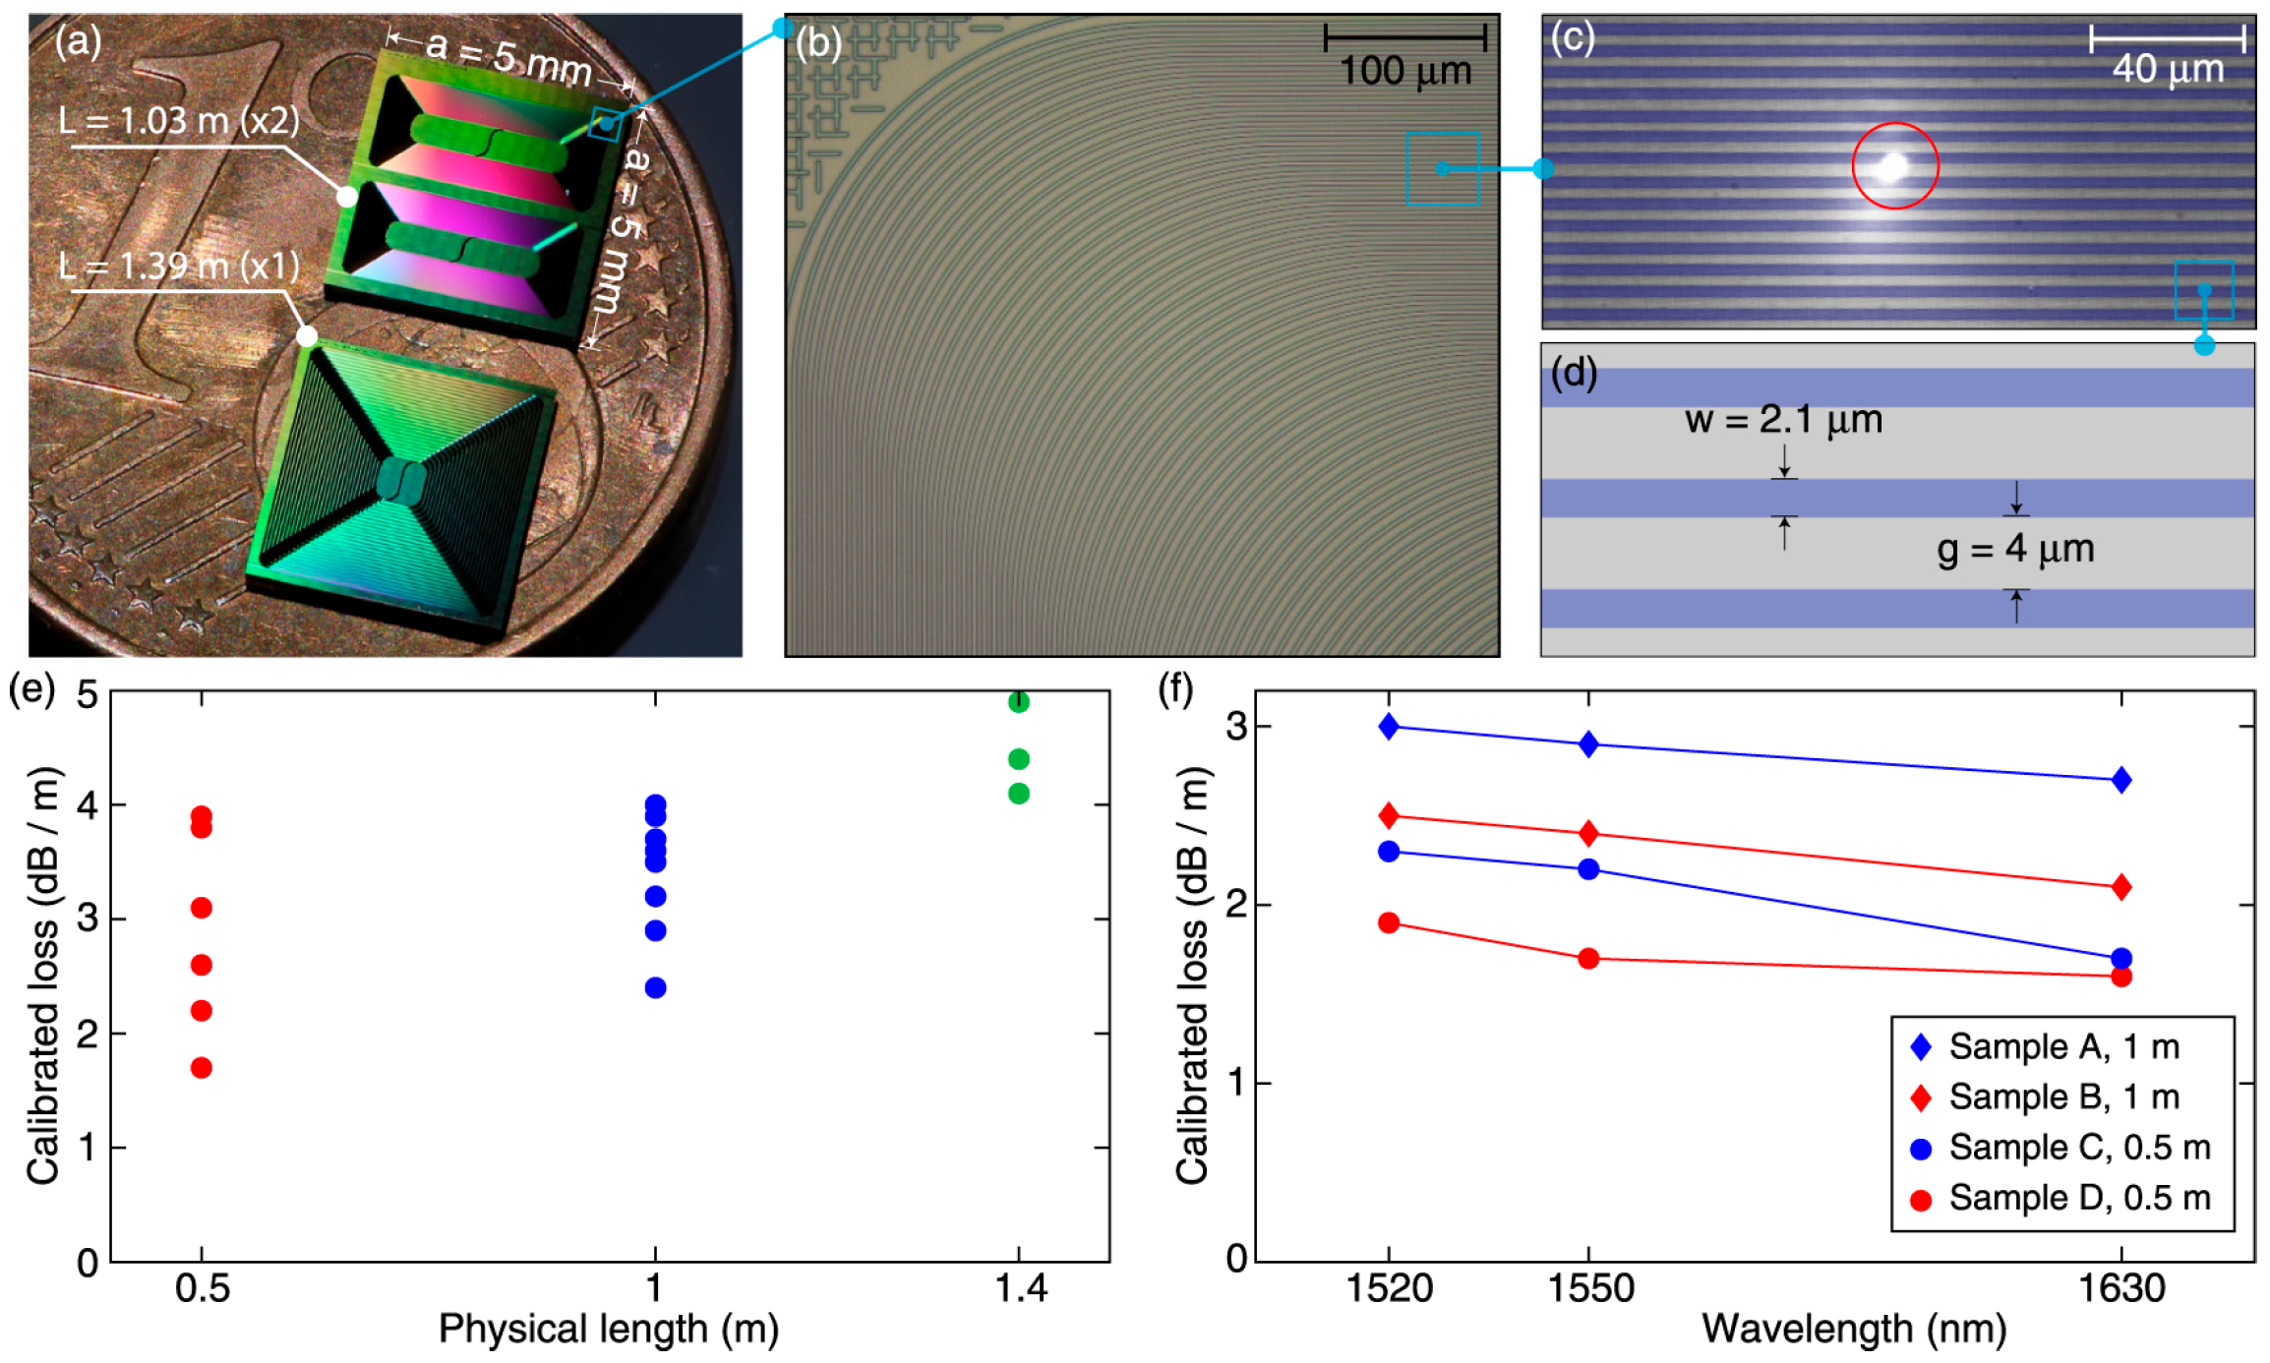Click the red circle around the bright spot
click(x=1894, y=166)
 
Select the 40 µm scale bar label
click(x=2167, y=69)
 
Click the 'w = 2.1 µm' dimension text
click(x=1782, y=420)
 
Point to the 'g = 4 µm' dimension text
click(x=2014, y=549)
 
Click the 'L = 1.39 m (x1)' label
click(x=179, y=267)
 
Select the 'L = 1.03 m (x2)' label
click(x=179, y=121)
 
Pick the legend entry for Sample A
click(x=2062, y=1046)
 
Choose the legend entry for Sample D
click(x=2062, y=1198)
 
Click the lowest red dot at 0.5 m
click(x=202, y=1067)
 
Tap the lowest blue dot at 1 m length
click(x=655, y=987)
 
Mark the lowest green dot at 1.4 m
click(x=1018, y=793)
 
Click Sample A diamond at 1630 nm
click(x=2121, y=780)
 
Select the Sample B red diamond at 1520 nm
click(x=1389, y=815)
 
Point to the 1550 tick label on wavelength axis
click(x=1589, y=1288)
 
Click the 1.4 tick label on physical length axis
click(x=1020, y=1288)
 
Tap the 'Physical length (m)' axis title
click(x=608, y=1329)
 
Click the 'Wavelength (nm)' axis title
click(x=1853, y=1329)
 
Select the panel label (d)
click(x=1573, y=373)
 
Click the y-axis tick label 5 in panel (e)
click(x=88, y=695)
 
